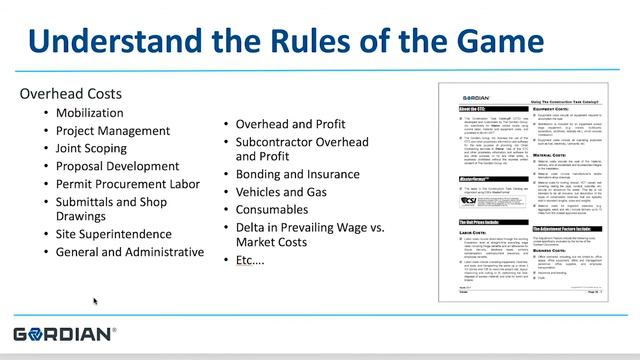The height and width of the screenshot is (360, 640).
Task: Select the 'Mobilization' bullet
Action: point(90,113)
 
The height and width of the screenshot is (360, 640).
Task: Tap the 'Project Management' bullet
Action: point(113,131)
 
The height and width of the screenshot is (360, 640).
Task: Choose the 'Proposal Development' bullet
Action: point(118,166)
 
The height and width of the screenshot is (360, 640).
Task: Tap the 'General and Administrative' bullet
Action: point(130,252)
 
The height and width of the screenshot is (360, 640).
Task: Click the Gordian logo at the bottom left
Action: point(64,333)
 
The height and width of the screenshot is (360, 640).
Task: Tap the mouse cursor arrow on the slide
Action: point(95,300)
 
